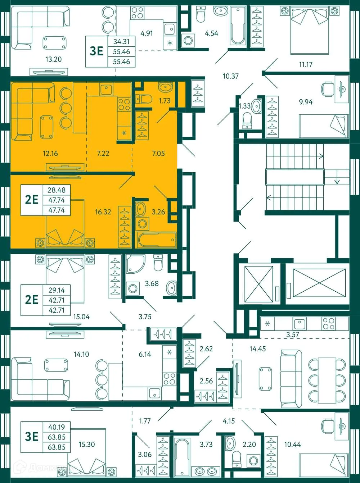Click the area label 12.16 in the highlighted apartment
(50, 154)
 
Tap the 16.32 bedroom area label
(103, 212)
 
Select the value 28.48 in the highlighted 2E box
(57, 190)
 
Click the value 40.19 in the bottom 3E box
(57, 427)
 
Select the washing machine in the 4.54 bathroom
(188, 40)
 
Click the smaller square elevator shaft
(258, 284)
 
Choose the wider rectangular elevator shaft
(319, 283)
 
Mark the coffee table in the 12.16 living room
(46, 127)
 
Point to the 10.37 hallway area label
(230, 76)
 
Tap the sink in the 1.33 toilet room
(256, 106)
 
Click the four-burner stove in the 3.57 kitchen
(328, 324)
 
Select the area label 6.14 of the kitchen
(145, 354)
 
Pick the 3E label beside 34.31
(96, 51)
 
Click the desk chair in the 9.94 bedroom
(327, 88)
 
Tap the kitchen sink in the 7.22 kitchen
(107, 89)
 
